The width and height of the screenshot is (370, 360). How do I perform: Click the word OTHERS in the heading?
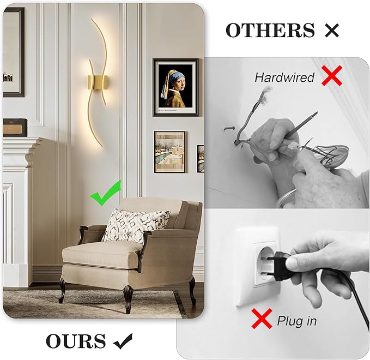click(270, 31)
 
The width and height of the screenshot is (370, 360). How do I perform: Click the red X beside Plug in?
click(262, 319)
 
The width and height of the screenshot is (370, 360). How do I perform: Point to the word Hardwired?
click(284, 77)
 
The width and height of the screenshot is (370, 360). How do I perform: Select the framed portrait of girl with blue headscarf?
click(175, 87)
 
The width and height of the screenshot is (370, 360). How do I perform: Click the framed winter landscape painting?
click(169, 152)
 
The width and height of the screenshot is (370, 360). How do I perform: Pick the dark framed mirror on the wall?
click(13, 52)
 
